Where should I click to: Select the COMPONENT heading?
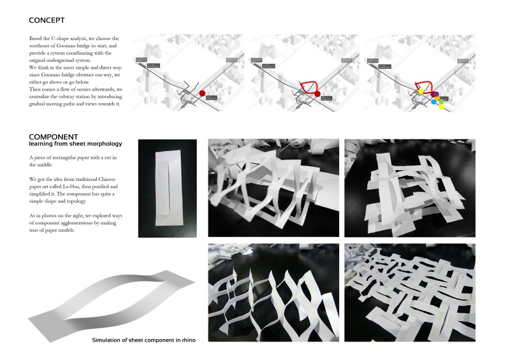(54, 136)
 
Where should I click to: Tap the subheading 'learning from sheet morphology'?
(75, 144)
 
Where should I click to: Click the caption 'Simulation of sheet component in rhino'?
(143, 340)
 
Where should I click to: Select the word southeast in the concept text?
(42, 47)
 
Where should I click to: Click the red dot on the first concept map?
(203, 94)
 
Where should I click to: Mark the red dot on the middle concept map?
(317, 95)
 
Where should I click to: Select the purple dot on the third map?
(436, 94)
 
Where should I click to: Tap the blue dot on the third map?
(434, 101)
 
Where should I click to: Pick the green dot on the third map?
(441, 102)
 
